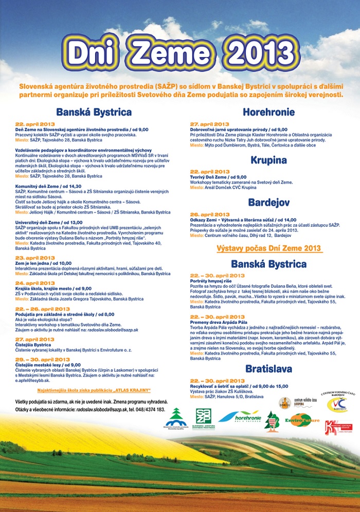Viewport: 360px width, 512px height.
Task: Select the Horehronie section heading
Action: tap(268, 112)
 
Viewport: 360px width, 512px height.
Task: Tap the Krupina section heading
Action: tap(268, 160)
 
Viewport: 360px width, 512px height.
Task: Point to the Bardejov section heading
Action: tap(268, 203)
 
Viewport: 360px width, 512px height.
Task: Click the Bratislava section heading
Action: tap(268, 369)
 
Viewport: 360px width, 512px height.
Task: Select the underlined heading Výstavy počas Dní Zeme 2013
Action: tap(269, 248)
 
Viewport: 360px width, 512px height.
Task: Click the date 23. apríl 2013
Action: tap(35, 257)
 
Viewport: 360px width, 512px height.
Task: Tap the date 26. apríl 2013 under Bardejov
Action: tap(209, 214)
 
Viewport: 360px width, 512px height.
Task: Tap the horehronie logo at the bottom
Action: tap(240, 416)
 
